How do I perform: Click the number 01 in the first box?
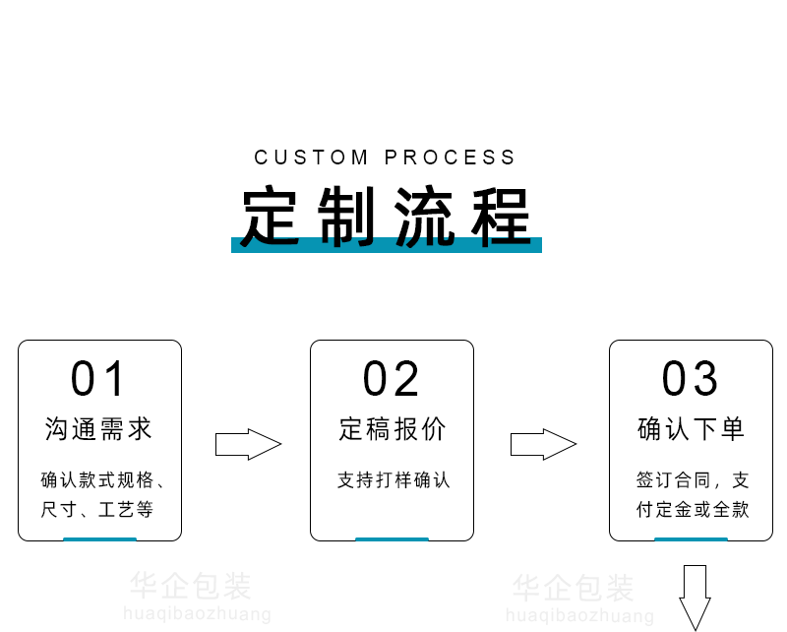tap(99, 380)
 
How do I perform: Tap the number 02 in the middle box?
tap(392, 380)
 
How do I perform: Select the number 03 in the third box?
tap(691, 380)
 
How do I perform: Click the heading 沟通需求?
tap(99, 429)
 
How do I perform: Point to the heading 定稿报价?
tap(393, 429)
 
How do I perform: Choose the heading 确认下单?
tap(692, 429)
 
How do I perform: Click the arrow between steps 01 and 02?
tap(248, 445)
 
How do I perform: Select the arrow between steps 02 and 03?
tap(542, 445)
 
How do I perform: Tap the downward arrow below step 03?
tap(696, 596)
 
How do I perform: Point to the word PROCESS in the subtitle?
tap(451, 158)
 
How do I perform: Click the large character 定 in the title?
tap(272, 216)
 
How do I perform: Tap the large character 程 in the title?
tap(502, 216)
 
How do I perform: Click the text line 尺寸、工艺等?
tap(97, 510)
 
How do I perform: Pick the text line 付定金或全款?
tap(693, 510)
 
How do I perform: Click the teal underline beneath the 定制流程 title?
tap(387, 246)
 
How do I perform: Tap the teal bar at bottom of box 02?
tap(392, 538)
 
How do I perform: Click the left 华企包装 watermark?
tap(191, 588)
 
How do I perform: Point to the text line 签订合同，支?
tap(693, 480)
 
